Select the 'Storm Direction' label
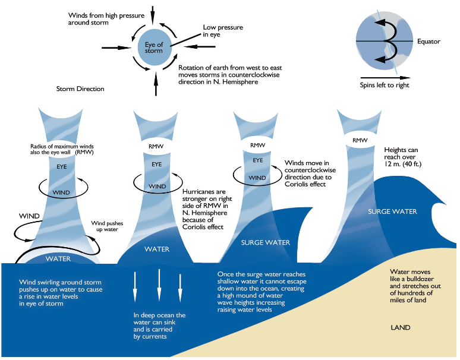click(x=80, y=89)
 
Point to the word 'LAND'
click(x=401, y=327)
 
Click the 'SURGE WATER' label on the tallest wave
click(x=392, y=211)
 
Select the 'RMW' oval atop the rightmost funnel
click(x=360, y=141)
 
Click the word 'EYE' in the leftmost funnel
click(x=62, y=168)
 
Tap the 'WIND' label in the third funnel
click(x=257, y=177)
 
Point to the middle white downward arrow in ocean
click(x=159, y=285)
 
